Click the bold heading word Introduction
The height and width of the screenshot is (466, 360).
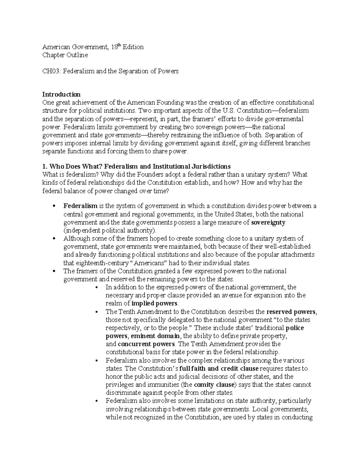coord(61,94)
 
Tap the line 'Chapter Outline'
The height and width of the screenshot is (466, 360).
coord(65,55)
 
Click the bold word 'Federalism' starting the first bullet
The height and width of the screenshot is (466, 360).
coord(80,206)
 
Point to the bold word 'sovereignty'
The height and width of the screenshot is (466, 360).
coord(268,222)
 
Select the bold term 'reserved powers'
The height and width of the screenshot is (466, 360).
coord(291,311)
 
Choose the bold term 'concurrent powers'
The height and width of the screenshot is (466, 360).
coord(146,344)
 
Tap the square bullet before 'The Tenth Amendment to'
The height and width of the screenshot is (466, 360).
coord(97,312)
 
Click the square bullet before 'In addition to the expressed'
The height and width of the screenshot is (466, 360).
coord(97,287)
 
